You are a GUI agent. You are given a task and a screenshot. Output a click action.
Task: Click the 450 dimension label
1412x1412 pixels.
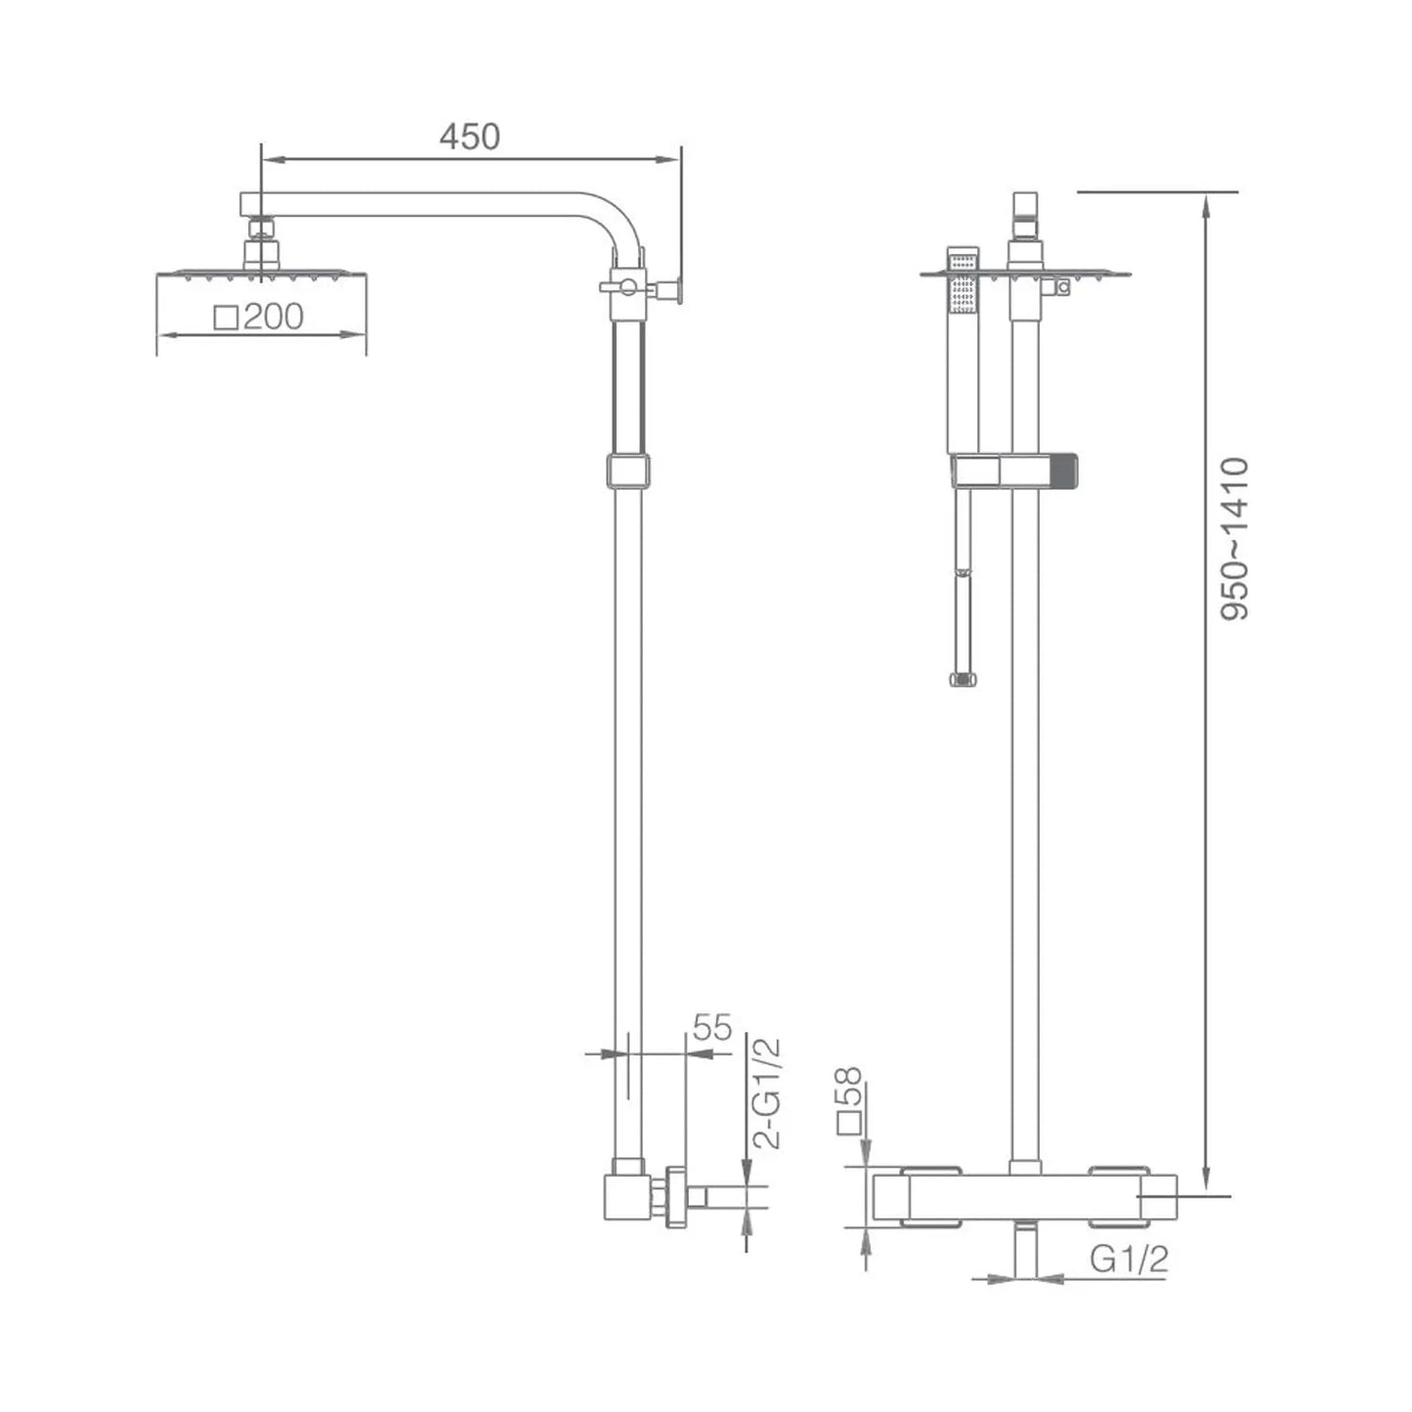tap(470, 137)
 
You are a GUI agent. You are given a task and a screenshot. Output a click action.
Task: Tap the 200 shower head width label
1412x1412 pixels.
tap(274, 317)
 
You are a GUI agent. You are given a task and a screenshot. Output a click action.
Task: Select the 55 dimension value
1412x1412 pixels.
tap(712, 1028)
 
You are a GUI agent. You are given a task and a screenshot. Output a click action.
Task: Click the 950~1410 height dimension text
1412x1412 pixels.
tap(1234, 539)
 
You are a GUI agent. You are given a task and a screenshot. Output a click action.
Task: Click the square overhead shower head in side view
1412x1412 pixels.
tap(261, 275)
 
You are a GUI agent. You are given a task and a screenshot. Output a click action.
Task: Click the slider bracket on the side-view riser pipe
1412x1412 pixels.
tap(628, 470)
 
